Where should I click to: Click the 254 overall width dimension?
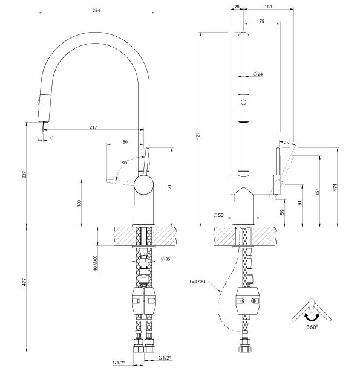coord(96,9)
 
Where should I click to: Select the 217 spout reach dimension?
coord(93,127)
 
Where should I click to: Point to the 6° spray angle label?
coord(52,138)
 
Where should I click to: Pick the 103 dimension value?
coord(79,202)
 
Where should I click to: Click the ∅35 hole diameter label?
coord(164,260)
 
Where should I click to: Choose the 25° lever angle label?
coord(286,142)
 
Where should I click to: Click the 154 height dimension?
coord(316,192)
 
